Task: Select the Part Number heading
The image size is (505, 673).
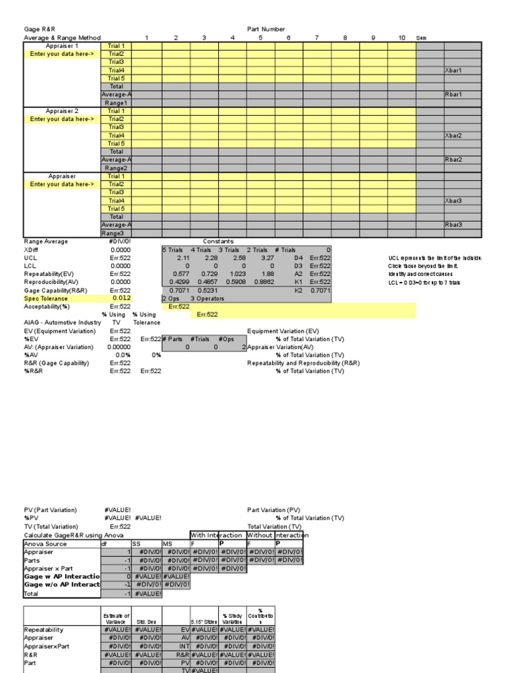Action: tap(266, 30)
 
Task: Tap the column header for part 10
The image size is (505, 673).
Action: tap(402, 38)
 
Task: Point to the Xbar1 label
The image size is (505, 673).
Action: tap(454, 70)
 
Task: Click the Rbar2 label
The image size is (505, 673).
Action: tap(454, 160)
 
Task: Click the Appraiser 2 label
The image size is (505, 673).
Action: tap(62, 111)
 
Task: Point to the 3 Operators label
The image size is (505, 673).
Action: tap(208, 298)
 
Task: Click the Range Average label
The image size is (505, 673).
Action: tap(46, 241)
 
